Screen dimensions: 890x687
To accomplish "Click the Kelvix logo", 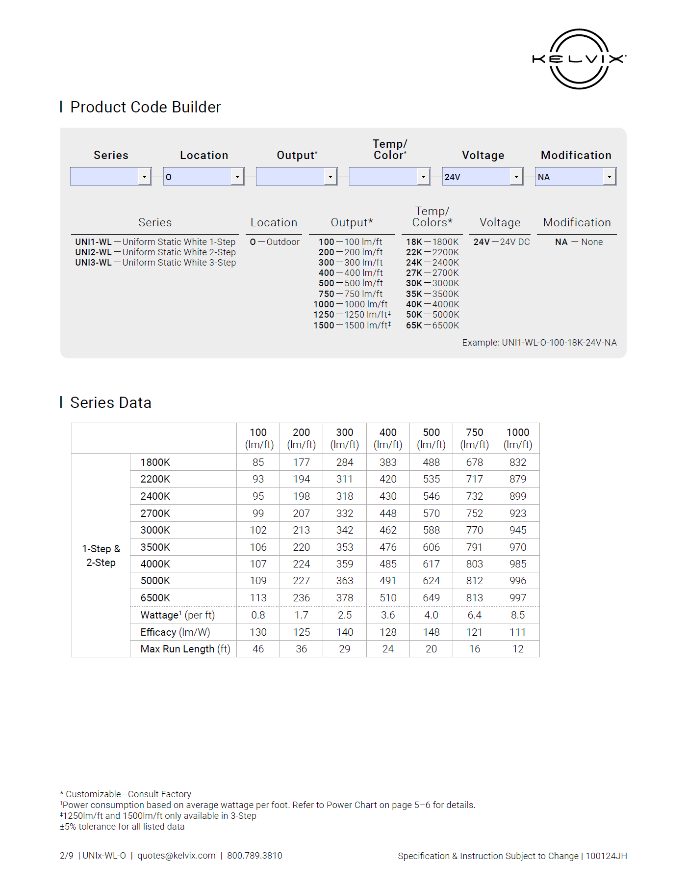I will coord(579,59).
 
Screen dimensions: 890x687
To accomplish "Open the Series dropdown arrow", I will coord(144,177).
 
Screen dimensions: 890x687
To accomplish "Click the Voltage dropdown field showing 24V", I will coord(476,177).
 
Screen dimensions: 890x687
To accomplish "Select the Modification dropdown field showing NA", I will coord(569,177).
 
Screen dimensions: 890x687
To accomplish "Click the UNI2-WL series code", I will coord(93,252).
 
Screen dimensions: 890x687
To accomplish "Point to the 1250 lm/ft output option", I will coord(352,315).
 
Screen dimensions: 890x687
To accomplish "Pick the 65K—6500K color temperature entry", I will coord(433,325).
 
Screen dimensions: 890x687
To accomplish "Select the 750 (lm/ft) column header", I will coord(474,438).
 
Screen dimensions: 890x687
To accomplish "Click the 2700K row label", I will coord(155,513).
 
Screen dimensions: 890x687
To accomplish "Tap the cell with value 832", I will coord(517,462).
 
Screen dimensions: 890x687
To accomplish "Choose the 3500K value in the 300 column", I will coord(345,547).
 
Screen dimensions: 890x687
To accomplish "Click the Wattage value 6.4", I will coord(474,615).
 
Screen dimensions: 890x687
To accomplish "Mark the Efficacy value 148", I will coord(431,632).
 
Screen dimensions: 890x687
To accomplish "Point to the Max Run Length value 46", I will coord(258,649).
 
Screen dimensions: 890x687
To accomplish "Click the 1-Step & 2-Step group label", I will coord(101,556).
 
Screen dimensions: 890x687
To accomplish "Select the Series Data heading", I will coord(111,403).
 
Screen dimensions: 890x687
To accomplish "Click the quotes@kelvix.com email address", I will coord(177,856).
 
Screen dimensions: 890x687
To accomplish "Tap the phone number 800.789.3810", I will coord(254,856).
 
